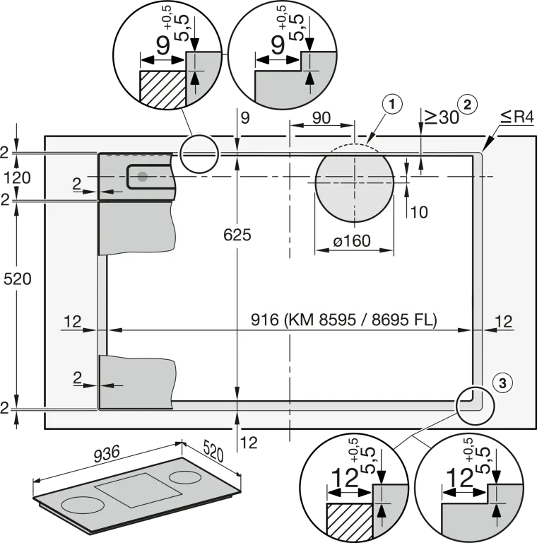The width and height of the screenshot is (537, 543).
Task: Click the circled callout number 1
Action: (x=392, y=104)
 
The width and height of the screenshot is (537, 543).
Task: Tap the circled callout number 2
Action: (x=467, y=104)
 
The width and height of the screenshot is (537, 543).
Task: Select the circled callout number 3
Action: (x=502, y=383)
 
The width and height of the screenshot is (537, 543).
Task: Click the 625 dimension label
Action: (x=237, y=235)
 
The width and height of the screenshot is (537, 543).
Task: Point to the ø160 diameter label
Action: (x=352, y=240)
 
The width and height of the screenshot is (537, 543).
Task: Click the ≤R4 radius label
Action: (x=517, y=117)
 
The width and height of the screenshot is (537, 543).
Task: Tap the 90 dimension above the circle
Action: (x=321, y=118)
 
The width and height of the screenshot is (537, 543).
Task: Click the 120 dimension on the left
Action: (x=17, y=177)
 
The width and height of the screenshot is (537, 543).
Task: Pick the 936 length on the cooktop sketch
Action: (x=107, y=454)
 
